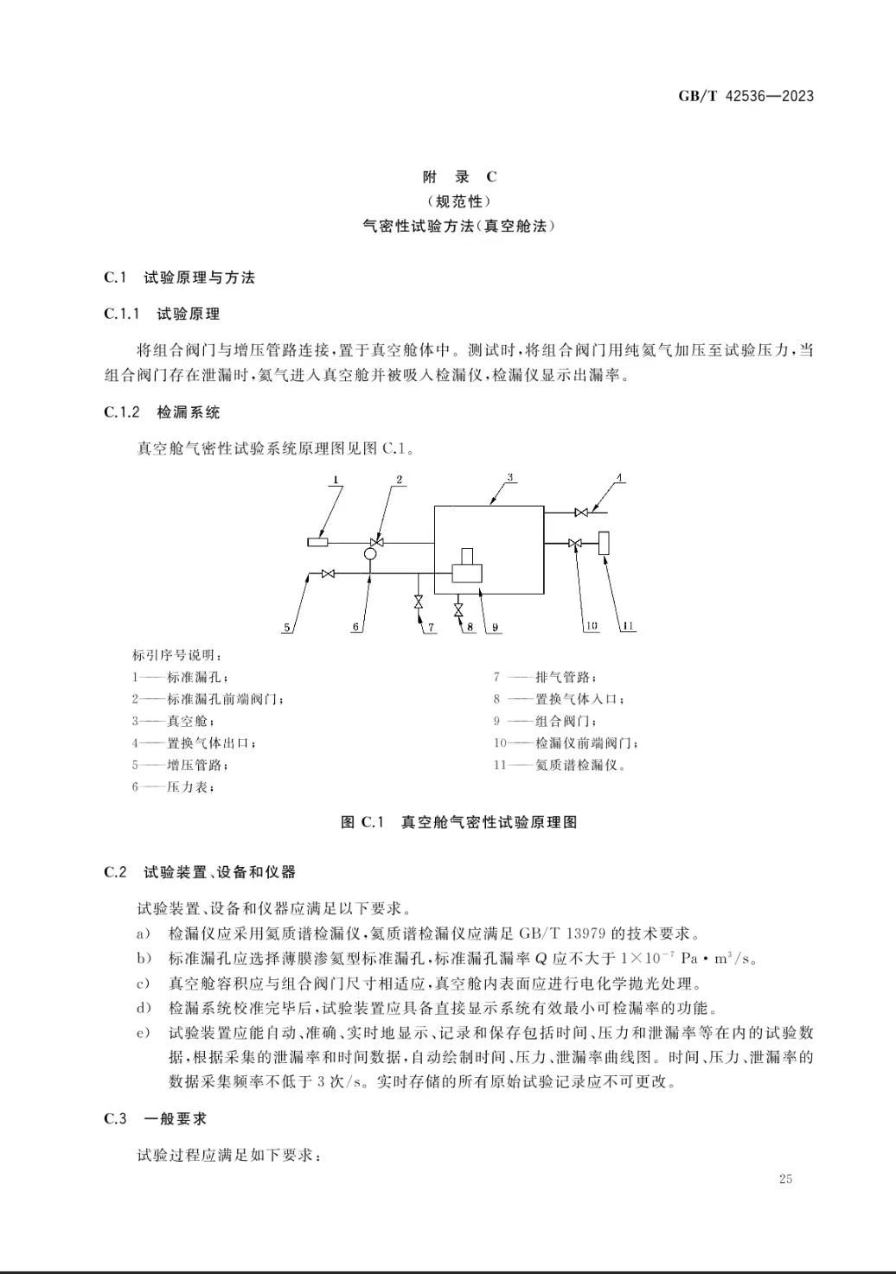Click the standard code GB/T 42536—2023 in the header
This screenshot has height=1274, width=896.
[x=745, y=96]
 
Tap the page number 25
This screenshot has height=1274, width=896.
[x=785, y=1179]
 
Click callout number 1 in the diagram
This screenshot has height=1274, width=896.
[x=336, y=480]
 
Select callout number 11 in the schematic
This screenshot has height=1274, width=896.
[x=629, y=627]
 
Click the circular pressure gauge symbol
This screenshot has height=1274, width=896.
[x=369, y=553]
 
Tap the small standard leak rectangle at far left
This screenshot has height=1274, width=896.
[x=317, y=542]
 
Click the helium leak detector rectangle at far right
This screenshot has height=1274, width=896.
[x=604, y=543]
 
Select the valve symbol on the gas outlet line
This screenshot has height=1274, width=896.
[x=582, y=513]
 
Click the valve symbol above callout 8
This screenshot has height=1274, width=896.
[x=458, y=609]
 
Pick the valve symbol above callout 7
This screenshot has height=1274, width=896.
[x=419, y=601]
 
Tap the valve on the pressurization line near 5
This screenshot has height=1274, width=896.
[x=328, y=573]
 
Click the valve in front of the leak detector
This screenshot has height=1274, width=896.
[x=574, y=543]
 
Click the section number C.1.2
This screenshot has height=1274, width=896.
[x=121, y=412]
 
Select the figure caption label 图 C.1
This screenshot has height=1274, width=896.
[x=362, y=822]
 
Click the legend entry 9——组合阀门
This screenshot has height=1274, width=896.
[x=545, y=721]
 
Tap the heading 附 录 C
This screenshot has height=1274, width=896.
[x=459, y=177]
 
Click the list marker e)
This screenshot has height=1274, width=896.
[x=144, y=1032]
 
